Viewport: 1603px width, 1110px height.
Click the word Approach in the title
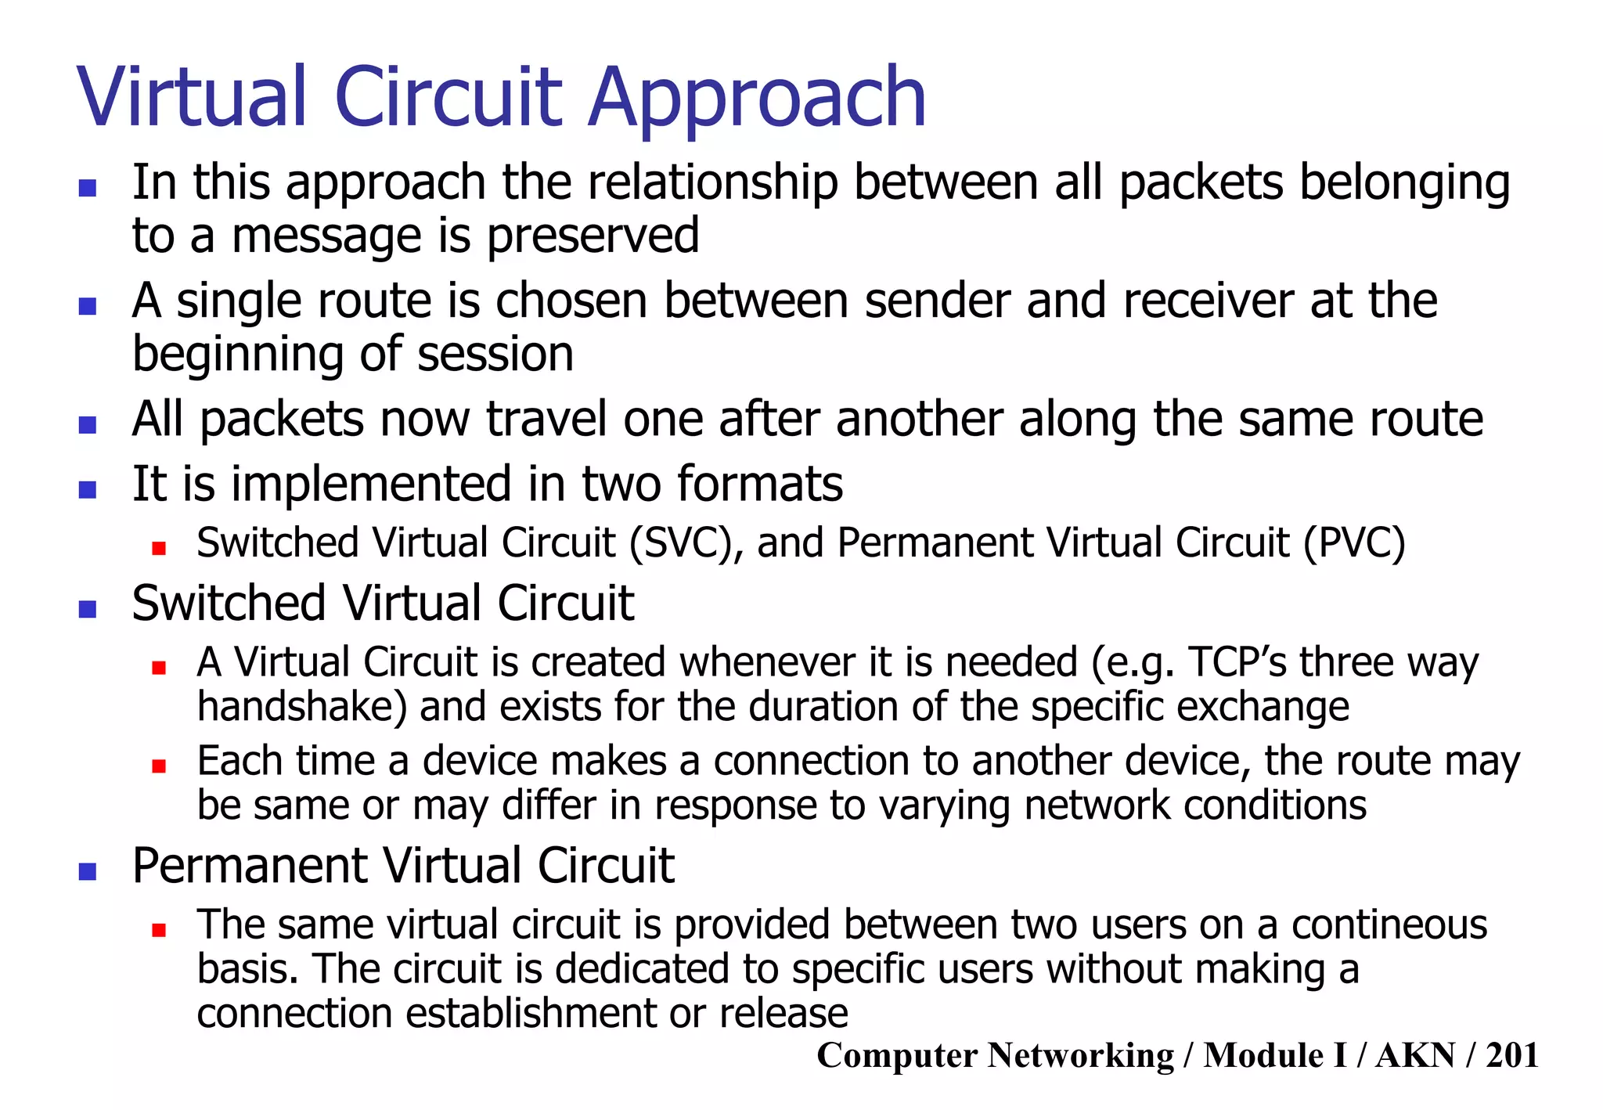click(757, 99)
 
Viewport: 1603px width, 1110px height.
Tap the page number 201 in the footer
click(1511, 1055)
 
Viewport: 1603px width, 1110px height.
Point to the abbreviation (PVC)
click(1354, 542)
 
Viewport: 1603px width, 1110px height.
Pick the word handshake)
click(301, 707)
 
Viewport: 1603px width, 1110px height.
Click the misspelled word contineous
click(1389, 924)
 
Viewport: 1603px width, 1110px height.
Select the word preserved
click(593, 236)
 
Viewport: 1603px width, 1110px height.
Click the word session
click(495, 354)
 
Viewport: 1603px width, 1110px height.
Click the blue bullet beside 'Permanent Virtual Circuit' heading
click(87, 871)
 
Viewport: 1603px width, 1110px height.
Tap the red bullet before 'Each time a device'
click(159, 766)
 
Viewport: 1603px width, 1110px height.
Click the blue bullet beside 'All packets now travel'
click(87, 425)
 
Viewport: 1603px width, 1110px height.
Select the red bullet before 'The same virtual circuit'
click(159, 930)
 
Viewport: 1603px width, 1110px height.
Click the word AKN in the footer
click(1415, 1055)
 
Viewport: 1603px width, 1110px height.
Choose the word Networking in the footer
click(1080, 1055)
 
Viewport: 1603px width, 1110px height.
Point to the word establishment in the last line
click(530, 1013)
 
